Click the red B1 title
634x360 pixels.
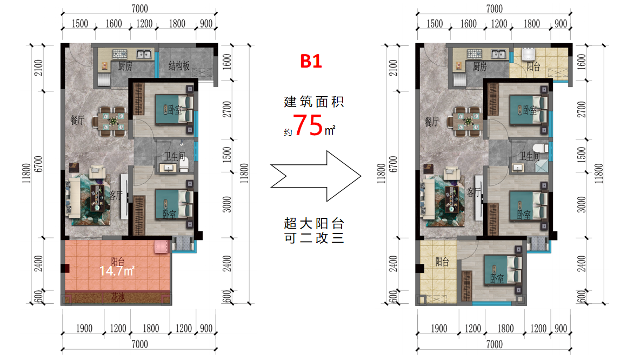click(311, 61)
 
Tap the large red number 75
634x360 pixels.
click(308, 125)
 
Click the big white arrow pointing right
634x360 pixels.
click(316, 176)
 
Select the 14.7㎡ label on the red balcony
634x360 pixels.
click(117, 271)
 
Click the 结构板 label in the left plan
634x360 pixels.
click(179, 65)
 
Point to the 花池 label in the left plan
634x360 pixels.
click(118, 298)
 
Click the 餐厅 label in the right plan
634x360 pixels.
click(431, 121)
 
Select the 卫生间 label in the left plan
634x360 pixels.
click(174, 156)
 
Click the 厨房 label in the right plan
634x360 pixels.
click(479, 66)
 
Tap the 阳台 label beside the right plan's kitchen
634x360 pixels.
click(533, 66)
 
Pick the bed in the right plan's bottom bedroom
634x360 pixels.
click(502, 269)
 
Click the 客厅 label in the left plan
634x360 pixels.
click(115, 195)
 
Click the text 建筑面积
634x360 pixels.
click(314, 102)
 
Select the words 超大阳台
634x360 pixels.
click(314, 223)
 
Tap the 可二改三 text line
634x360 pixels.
click(314, 238)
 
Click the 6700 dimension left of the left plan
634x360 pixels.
click(38, 164)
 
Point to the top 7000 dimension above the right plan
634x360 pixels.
click(494, 9)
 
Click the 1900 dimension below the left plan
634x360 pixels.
click(84, 328)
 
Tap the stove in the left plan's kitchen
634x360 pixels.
click(119, 54)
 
